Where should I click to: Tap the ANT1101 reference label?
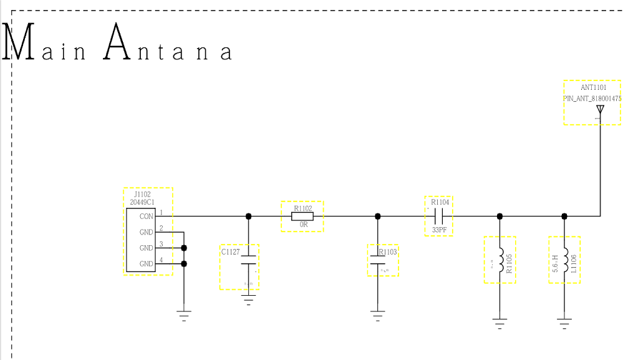click(x=593, y=87)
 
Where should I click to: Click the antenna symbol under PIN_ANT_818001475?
click(x=600, y=110)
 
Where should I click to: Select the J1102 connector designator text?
click(x=142, y=195)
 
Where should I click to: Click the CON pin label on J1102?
click(x=146, y=216)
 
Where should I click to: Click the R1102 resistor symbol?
click(x=302, y=216)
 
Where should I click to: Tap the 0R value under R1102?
click(x=304, y=225)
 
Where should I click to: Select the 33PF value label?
click(x=440, y=230)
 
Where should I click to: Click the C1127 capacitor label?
click(x=231, y=252)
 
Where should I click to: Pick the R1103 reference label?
click(x=387, y=252)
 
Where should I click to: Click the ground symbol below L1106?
click(x=564, y=323)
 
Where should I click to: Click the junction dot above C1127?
click(x=249, y=216)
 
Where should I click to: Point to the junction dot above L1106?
click(x=564, y=216)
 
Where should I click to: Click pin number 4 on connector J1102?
click(x=161, y=260)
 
